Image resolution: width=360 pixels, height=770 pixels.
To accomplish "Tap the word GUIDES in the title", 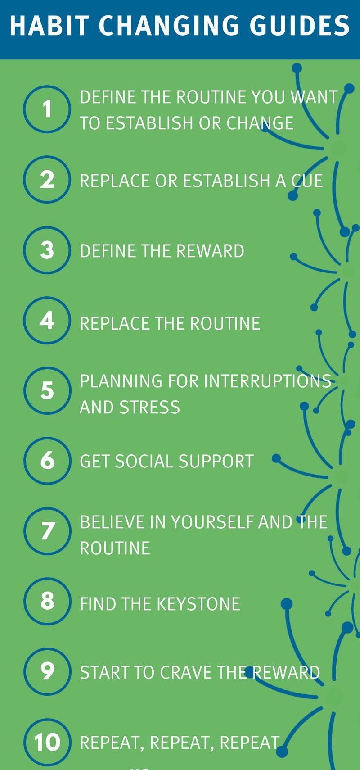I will [x=300, y=26].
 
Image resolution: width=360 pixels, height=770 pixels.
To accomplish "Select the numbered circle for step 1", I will [x=47, y=109].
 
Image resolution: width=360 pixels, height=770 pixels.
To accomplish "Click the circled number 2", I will [x=47, y=179].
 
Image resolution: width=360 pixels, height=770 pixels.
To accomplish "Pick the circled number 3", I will [x=47, y=250].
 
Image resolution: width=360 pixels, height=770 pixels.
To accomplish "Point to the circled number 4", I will [x=47, y=320].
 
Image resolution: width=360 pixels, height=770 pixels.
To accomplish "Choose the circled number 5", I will [x=47, y=390].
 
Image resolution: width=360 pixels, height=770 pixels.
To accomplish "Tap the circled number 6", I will [x=47, y=461].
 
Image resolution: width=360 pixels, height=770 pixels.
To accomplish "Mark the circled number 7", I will [x=47, y=531].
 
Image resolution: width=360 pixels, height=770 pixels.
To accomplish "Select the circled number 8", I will [x=47, y=601].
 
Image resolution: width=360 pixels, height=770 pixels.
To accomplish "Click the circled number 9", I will [x=47, y=671].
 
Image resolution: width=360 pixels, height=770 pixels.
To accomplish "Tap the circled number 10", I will [x=47, y=742].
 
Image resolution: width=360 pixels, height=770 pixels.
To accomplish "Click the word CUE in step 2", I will [x=307, y=181].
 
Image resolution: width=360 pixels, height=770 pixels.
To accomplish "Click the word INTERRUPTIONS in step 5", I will [x=268, y=381].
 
